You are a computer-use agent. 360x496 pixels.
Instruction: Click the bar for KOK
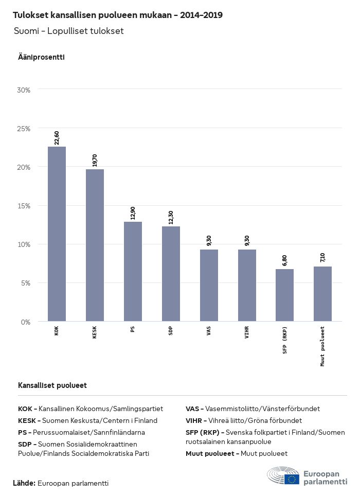[57, 234]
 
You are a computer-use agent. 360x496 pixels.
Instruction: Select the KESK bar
[95, 245]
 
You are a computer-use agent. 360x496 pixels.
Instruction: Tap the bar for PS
[133, 272]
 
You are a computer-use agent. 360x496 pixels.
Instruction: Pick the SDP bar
[171, 274]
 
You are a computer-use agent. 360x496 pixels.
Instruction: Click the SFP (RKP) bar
[284, 295]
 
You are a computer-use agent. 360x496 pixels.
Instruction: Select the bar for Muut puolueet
[322, 294]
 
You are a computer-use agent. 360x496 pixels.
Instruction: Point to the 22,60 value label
[57, 138]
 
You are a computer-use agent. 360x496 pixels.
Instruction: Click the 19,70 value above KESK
[95, 161]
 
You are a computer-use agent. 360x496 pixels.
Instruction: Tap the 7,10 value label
[322, 258]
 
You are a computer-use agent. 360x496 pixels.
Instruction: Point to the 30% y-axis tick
[24, 90]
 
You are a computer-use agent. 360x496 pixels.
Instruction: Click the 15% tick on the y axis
[24, 206]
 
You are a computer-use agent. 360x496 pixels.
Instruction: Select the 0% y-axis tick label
[26, 322]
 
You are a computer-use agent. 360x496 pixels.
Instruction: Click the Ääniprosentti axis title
[41, 57]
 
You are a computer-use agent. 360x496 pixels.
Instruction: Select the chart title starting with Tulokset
[118, 15]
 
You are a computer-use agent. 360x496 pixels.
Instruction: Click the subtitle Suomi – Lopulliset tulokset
[69, 31]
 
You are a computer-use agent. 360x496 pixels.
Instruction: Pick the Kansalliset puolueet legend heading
[52, 385]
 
